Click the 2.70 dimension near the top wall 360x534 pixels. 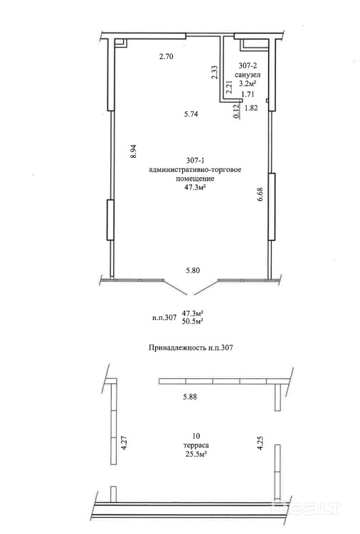tap(166, 57)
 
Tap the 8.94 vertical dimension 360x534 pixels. tap(133, 151)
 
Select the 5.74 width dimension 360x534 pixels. tap(191, 114)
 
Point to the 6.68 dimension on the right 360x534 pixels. tap(260, 196)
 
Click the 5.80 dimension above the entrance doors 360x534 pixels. tap(193, 271)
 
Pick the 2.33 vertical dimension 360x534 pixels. tap(215, 73)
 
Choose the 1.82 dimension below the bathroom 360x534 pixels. tap(251, 108)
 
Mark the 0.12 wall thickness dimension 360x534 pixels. tap(236, 112)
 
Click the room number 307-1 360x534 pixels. tap(195, 160)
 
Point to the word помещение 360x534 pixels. tap(195, 178)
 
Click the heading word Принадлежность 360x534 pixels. tap(178, 348)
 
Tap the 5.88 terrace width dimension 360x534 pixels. tap(190, 397)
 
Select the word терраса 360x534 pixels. tap(196, 445)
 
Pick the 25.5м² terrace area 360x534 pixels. tap(196, 454)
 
